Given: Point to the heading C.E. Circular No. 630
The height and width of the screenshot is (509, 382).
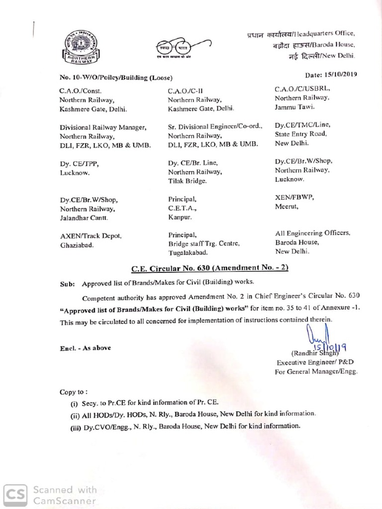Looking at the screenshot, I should click(x=209, y=269).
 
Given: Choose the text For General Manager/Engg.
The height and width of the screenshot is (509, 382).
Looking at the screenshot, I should click(x=317, y=371).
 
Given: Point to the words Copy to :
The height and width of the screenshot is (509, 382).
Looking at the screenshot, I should click(x=74, y=392).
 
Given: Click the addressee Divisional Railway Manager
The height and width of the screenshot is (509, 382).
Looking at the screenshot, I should click(x=103, y=127).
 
